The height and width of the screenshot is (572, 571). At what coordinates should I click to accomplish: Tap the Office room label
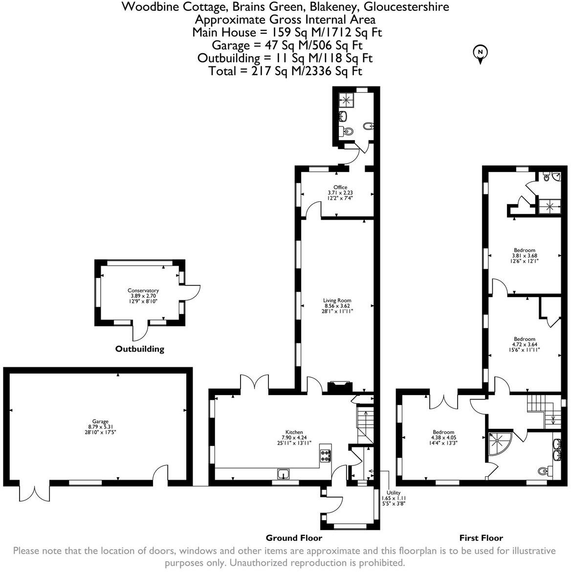[x=340, y=188]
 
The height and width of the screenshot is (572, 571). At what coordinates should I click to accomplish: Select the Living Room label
[x=337, y=300]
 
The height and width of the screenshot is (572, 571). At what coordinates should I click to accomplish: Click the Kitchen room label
[x=294, y=432]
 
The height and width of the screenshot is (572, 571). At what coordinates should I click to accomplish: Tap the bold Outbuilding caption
[x=139, y=349]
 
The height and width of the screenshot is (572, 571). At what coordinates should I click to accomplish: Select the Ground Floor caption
[x=294, y=538]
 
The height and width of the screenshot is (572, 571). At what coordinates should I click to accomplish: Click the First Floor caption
[x=481, y=538]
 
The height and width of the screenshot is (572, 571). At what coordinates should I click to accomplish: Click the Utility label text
[x=393, y=493]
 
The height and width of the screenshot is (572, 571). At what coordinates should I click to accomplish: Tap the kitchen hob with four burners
[x=326, y=456]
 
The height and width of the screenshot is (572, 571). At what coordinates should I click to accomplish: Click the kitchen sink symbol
[x=284, y=473]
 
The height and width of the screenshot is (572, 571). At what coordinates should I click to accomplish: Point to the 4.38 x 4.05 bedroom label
[x=443, y=432]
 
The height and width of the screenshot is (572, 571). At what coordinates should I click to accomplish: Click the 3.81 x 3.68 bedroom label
[x=524, y=251]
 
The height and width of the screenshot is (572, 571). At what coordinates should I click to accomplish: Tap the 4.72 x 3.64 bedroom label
[x=524, y=339]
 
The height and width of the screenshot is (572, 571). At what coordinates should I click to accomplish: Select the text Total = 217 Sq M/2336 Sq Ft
[x=285, y=71]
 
